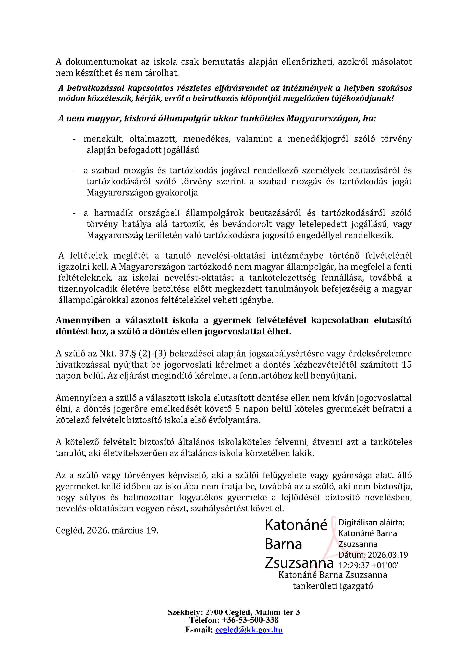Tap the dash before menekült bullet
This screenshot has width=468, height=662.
(74, 139)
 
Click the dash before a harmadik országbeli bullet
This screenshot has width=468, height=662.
(74, 213)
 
